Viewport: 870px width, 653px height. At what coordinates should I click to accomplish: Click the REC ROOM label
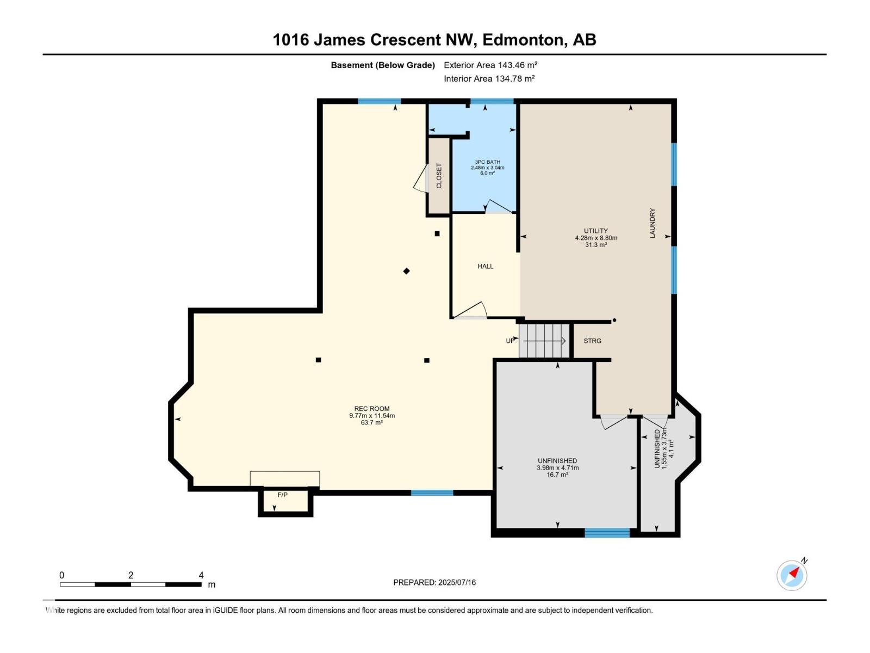pyautogui.click(x=372, y=409)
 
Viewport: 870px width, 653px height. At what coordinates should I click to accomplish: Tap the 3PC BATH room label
pyautogui.click(x=487, y=162)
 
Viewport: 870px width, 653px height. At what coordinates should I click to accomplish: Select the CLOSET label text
pyautogui.click(x=439, y=176)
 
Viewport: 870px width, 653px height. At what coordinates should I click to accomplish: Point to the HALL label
pyautogui.click(x=486, y=266)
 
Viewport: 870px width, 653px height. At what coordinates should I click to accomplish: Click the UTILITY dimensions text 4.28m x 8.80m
pyautogui.click(x=596, y=238)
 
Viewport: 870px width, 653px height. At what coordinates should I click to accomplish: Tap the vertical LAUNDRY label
pyautogui.click(x=652, y=223)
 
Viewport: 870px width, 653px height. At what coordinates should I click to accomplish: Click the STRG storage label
pyautogui.click(x=592, y=341)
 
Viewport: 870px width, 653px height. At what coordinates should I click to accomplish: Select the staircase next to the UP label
pyautogui.click(x=544, y=341)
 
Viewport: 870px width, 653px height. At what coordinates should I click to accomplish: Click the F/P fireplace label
pyautogui.click(x=282, y=495)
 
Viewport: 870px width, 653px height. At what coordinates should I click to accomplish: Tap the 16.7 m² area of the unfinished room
pyautogui.click(x=557, y=475)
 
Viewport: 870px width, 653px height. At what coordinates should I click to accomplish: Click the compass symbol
pyautogui.click(x=792, y=575)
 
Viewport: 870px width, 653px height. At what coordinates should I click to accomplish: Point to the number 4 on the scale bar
pyautogui.click(x=201, y=575)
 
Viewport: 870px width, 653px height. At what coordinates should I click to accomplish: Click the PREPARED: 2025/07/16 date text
pyautogui.click(x=434, y=582)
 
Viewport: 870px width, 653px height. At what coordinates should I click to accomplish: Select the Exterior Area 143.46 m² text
pyautogui.click(x=490, y=65)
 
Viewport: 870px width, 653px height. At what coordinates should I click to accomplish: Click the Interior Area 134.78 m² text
pyautogui.click(x=489, y=78)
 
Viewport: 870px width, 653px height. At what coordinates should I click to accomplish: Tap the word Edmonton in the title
pyautogui.click(x=523, y=40)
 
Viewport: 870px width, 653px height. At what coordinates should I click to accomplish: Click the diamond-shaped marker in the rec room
pyautogui.click(x=406, y=271)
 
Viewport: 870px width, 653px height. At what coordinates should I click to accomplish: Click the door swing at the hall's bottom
pyautogui.click(x=471, y=310)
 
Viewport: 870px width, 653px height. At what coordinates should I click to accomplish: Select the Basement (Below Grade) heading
pyautogui.click(x=383, y=65)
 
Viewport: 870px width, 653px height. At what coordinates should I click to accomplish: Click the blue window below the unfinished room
pyautogui.click(x=607, y=533)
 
